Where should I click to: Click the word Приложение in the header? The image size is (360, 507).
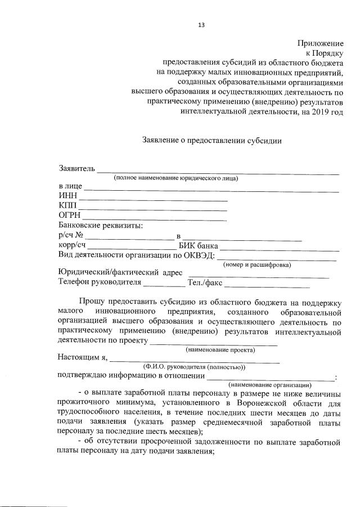point(320,43)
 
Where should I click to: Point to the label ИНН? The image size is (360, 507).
point(67,195)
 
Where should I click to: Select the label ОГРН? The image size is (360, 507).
point(70,216)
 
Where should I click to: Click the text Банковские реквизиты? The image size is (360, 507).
point(100,226)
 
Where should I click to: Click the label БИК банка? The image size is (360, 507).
point(198,246)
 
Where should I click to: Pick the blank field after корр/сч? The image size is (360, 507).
point(132,248)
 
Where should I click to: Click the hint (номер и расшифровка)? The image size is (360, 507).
point(256,264)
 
